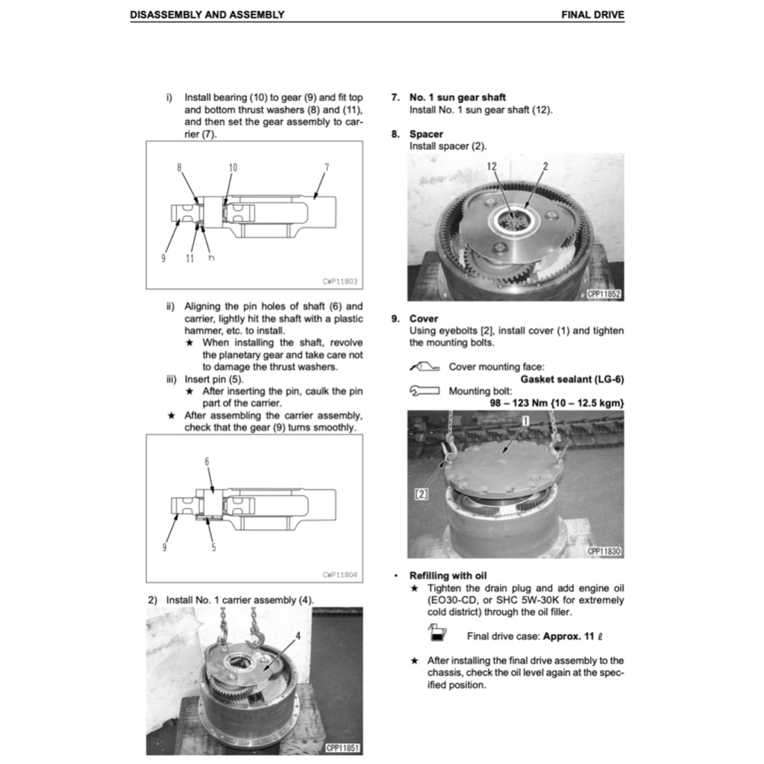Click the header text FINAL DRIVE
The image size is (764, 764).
[592, 14]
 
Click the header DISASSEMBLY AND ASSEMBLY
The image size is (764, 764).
[207, 14]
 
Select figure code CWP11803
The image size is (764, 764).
[340, 281]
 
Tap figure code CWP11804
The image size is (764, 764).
[340, 574]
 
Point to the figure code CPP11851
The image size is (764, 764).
[343, 748]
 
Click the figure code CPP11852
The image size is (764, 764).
[604, 295]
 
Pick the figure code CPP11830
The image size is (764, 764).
[604, 551]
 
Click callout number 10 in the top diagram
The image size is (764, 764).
[233, 168]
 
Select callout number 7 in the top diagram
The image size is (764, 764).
[326, 168]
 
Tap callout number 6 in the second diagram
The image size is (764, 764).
[207, 462]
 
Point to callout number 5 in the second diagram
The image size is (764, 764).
[213, 547]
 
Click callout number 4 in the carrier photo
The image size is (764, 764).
[297, 636]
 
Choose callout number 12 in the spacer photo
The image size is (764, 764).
[492, 166]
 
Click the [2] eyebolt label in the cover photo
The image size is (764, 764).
[421, 493]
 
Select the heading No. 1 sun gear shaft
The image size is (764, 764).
[457, 97]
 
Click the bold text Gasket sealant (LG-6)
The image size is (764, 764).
[572, 379]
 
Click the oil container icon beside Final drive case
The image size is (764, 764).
[436, 634]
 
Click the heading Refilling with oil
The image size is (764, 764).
[448, 575]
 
